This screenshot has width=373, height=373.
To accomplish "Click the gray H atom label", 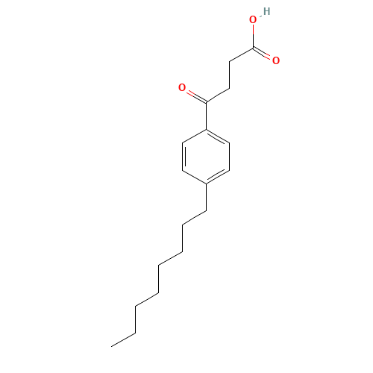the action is pyautogui.click(x=266, y=11).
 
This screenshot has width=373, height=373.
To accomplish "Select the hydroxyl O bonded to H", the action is pyautogui.click(x=253, y=19).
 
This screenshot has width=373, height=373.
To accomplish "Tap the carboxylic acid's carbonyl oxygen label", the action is pyautogui.click(x=276, y=60).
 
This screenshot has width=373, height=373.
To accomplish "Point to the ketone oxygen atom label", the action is pyautogui.click(x=182, y=87).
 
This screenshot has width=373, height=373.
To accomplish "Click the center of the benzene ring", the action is pyautogui.click(x=206, y=157).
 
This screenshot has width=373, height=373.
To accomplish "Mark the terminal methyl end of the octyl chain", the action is pyautogui.click(x=111, y=346).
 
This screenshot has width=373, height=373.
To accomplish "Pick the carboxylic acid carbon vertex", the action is pyautogui.click(x=253, y=48).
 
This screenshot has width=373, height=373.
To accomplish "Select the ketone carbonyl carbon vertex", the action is pyautogui.click(x=206, y=102).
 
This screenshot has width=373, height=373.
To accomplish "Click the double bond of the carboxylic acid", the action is pyautogui.click(x=263, y=53).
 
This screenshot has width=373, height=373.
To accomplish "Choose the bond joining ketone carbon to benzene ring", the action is pyautogui.click(x=206, y=116).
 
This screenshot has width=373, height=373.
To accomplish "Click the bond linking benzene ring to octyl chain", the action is pyautogui.click(x=206, y=198).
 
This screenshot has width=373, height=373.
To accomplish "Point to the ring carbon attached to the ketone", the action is pyautogui.click(x=206, y=129).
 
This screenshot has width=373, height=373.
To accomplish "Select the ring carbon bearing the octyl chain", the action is pyautogui.click(x=206, y=184).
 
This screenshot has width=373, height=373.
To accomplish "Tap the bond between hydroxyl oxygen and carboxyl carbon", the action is pyautogui.click(x=253, y=36).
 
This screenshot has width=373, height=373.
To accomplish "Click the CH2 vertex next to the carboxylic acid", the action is pyautogui.click(x=230, y=61).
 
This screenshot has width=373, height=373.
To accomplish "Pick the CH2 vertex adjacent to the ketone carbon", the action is pyautogui.click(x=230, y=88).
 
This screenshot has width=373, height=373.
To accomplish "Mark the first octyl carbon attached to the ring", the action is pyautogui.click(x=206, y=211).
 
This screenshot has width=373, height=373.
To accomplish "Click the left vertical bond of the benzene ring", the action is pyautogui.click(x=183, y=157).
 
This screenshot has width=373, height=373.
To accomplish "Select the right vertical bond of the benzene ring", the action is pyautogui.click(x=229, y=157).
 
